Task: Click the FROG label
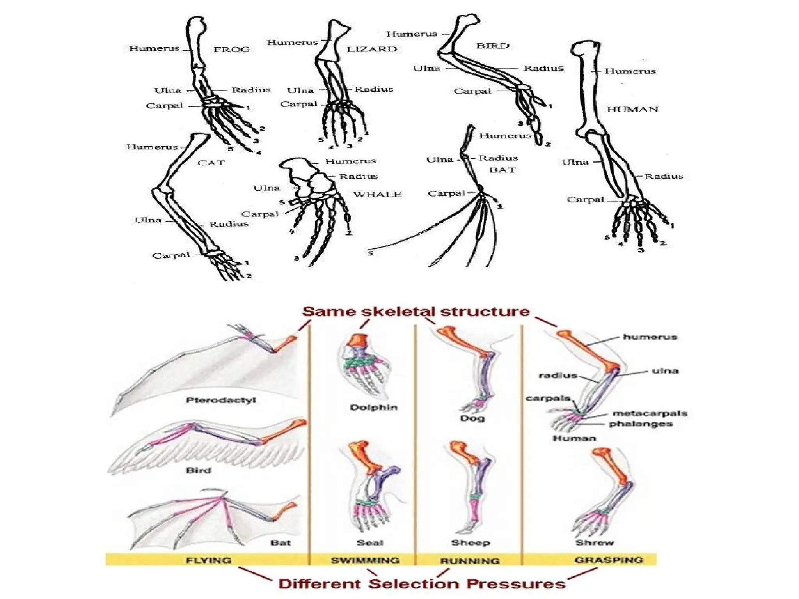[231, 50]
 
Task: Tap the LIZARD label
[372, 49]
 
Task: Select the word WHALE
[377, 194]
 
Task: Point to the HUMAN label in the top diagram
[632, 110]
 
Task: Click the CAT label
[211, 163]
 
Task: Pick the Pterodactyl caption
[221, 400]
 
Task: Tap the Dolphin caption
[373, 408]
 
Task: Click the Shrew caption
[595, 542]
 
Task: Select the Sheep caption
[471, 542]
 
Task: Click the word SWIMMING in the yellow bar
[365, 560]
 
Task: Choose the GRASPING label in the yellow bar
[609, 560]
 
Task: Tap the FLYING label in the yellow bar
[209, 560]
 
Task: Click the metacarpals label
[650, 413]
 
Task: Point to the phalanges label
[641, 424]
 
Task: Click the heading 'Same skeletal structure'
[415, 312]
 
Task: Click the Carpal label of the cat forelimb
[171, 255]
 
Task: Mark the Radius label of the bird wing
[543, 68]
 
